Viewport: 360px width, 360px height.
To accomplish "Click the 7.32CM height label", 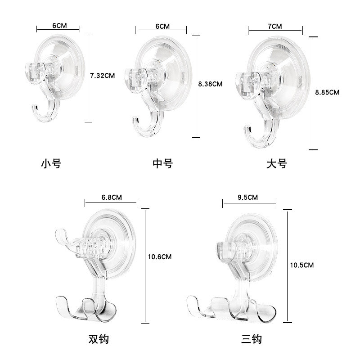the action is point(103,76).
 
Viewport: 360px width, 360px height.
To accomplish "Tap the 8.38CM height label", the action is point(210,84).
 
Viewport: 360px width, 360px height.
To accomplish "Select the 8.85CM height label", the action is point(327,92).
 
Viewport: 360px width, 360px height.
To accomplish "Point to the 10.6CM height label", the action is point(160,256).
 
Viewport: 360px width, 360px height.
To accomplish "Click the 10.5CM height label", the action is point(302,265).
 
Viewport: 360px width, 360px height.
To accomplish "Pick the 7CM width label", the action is point(275,27).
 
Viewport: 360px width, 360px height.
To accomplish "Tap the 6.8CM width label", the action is point(112,198).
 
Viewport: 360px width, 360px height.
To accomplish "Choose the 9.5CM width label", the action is point(248,198).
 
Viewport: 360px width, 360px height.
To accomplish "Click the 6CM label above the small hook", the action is point(59,26).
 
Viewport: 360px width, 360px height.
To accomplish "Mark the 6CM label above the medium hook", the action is point(162,27).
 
